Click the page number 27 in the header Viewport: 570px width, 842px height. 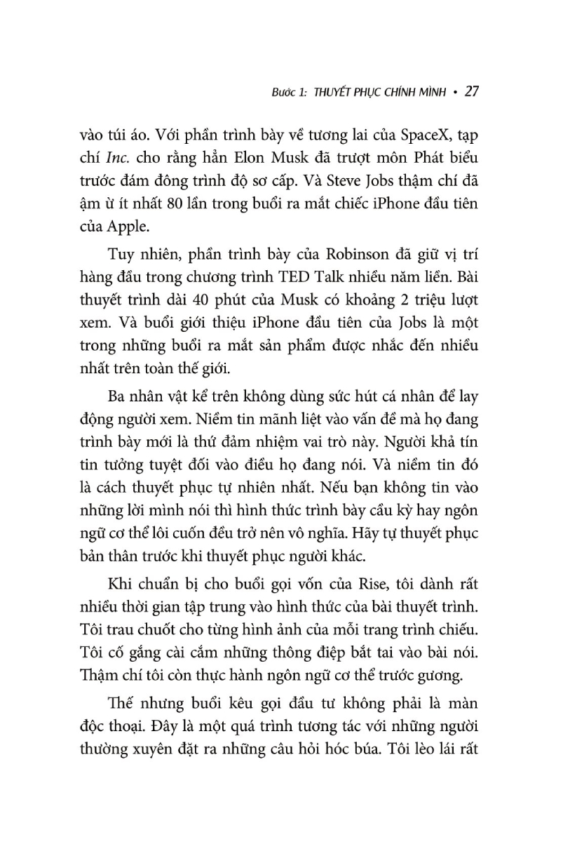click(471, 91)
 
